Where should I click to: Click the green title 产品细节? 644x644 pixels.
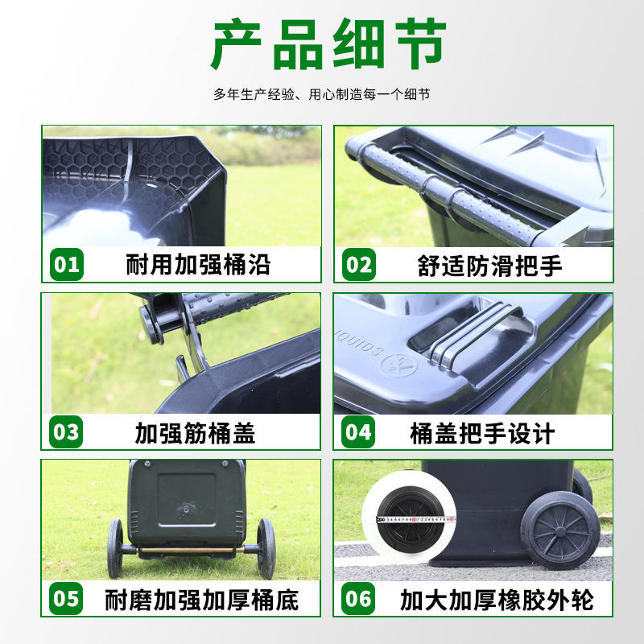click(x=328, y=43)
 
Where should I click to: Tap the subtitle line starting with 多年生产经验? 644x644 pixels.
click(x=321, y=94)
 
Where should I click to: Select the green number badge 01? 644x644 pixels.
click(x=67, y=265)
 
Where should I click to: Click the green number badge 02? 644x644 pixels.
click(x=359, y=265)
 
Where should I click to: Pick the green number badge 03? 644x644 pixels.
click(x=66, y=431)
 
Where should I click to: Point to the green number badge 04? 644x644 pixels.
click(x=358, y=431)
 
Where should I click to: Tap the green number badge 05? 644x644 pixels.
click(x=66, y=598)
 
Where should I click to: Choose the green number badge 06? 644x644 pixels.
click(x=358, y=598)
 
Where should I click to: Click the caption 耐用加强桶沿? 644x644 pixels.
click(x=198, y=265)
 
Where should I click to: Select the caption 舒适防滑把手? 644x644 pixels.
click(x=489, y=266)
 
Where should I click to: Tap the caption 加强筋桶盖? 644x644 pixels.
click(x=195, y=433)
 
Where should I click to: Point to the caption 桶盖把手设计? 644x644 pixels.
click(x=482, y=433)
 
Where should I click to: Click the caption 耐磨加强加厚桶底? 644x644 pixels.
click(x=202, y=600)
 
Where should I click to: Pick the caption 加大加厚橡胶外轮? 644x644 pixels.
click(x=497, y=600)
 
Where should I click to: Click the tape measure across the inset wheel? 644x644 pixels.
click(x=415, y=519)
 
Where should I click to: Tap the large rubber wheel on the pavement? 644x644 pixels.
click(x=560, y=530)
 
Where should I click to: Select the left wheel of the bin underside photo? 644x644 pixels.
click(x=115, y=548)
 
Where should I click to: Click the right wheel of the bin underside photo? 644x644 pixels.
click(x=266, y=548)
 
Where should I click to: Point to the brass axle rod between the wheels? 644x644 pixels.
click(x=190, y=550)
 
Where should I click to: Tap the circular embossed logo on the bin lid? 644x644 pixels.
click(x=398, y=365)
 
